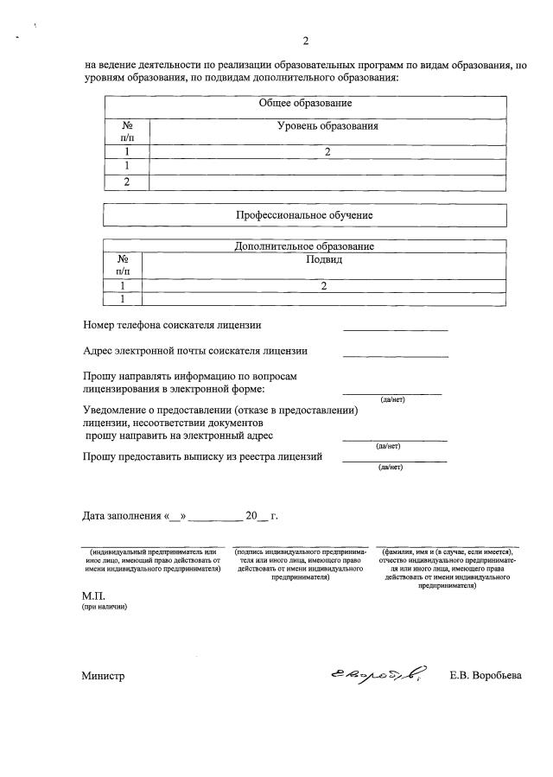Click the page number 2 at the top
click(x=305, y=41)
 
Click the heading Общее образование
click(x=305, y=104)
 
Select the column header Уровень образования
click(x=327, y=126)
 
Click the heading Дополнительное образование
click(x=304, y=246)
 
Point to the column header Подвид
click(x=324, y=259)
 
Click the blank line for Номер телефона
click(x=395, y=328)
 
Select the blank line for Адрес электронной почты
click(x=395, y=354)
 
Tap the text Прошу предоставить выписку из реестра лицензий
click(x=202, y=457)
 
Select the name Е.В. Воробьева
click(x=486, y=676)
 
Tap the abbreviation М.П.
click(x=92, y=596)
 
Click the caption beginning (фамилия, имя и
click(x=447, y=568)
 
